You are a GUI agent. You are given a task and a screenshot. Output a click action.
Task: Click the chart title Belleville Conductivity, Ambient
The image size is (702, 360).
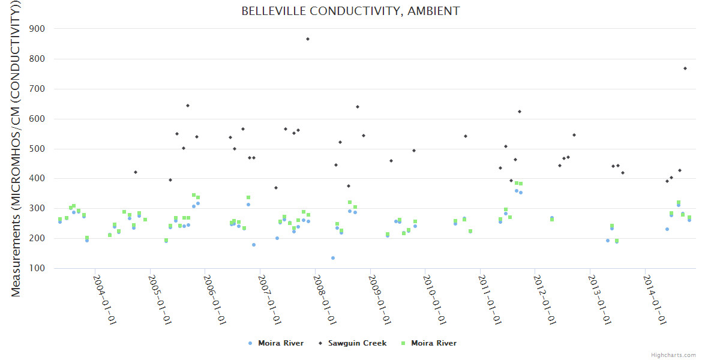click(350, 11)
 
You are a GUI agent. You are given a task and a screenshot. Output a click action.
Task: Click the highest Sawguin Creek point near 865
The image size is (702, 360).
click(308, 39)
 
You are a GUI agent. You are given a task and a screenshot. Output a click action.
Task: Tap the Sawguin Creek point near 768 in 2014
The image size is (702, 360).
click(685, 68)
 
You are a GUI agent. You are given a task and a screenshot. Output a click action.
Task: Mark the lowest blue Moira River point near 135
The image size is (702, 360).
click(333, 258)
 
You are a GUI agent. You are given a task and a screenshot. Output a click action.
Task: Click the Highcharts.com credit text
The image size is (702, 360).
click(673, 355)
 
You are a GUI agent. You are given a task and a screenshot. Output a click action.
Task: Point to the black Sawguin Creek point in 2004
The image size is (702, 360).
click(136, 172)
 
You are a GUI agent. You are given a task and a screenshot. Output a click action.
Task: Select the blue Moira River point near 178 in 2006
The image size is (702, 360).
click(254, 245)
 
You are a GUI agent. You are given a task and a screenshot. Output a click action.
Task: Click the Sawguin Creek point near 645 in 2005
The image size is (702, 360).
click(188, 106)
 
